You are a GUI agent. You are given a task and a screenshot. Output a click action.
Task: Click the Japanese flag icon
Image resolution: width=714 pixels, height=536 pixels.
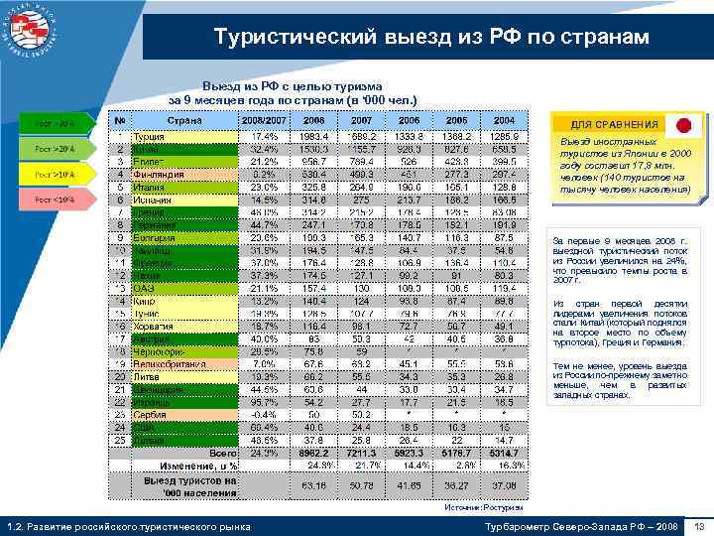point(681,125)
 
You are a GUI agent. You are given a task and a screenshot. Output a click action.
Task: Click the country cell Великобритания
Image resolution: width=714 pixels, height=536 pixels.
point(173,363)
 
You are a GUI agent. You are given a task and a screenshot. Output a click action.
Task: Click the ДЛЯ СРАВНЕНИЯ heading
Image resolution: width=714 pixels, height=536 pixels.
point(615,124)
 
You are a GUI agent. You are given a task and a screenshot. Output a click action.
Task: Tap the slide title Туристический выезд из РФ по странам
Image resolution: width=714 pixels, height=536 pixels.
point(432,38)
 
